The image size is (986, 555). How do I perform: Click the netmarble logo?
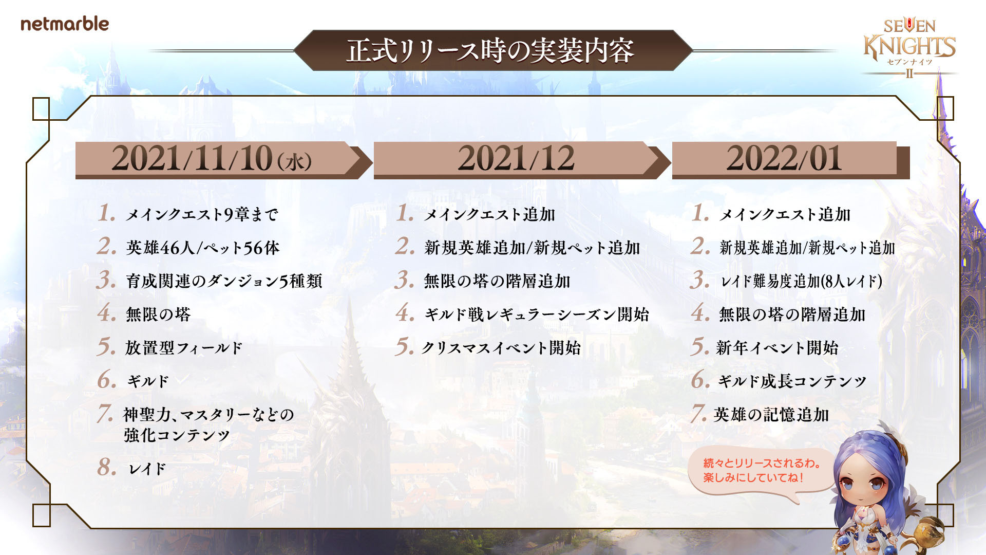click(x=65, y=24)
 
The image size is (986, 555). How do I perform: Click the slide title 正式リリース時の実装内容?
click(x=490, y=51)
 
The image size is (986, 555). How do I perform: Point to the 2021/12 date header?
click(x=516, y=158)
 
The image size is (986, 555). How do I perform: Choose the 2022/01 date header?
click(x=784, y=158)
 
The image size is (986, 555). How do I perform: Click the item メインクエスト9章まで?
click(x=202, y=214)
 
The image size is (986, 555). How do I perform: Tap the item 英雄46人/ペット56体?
click(x=203, y=248)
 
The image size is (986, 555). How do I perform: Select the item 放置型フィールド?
click(x=184, y=348)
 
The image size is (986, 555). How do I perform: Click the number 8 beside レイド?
click(x=107, y=467)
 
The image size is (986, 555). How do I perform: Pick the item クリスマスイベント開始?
click(x=501, y=348)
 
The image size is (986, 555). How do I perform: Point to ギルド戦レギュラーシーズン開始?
click(x=537, y=314)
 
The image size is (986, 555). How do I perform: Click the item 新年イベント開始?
click(x=777, y=348)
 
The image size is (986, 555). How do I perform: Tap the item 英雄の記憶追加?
click(x=771, y=415)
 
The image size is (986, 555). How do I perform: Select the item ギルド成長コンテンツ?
click(x=792, y=381)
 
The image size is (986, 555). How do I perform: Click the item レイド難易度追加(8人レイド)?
click(x=801, y=281)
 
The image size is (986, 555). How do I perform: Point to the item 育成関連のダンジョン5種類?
click(x=224, y=281)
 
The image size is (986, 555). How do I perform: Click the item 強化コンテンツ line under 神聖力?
click(x=177, y=435)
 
